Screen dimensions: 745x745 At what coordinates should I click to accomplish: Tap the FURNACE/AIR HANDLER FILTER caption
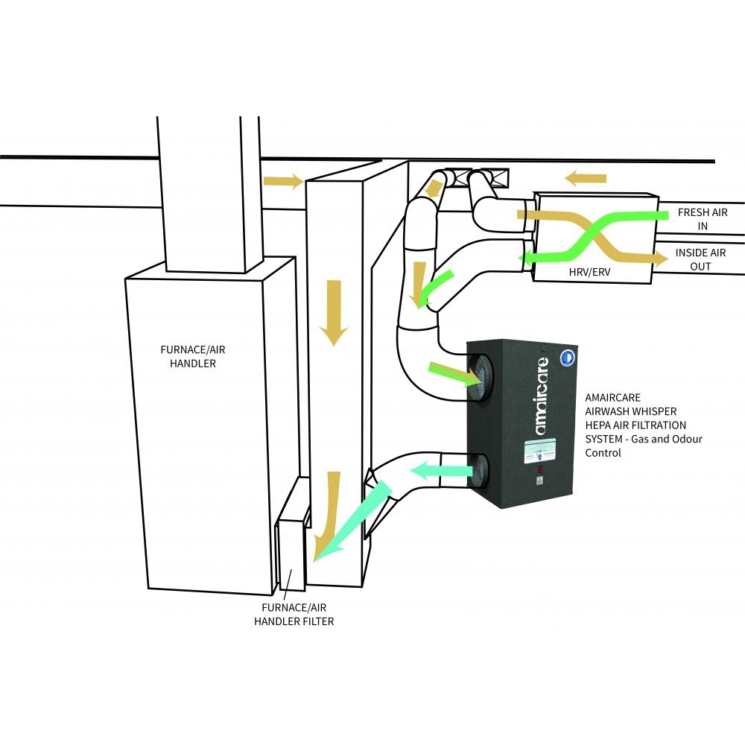[x=297, y=614]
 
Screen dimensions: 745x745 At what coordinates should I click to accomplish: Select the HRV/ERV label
[x=568, y=273]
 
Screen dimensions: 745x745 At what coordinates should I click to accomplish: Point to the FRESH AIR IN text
[x=703, y=219]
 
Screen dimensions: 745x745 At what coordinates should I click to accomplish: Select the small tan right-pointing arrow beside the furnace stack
[x=283, y=181]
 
